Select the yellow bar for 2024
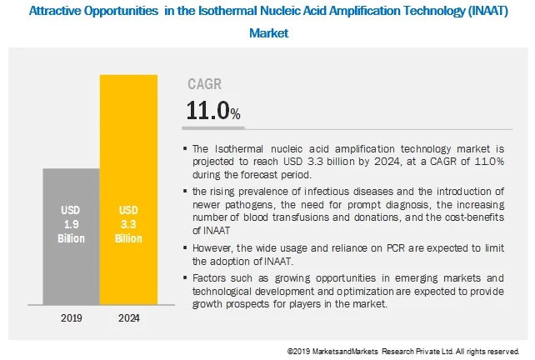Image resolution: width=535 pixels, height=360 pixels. [127, 192]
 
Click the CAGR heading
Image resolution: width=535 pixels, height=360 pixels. [206, 84]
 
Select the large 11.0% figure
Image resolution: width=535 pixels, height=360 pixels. [214, 111]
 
